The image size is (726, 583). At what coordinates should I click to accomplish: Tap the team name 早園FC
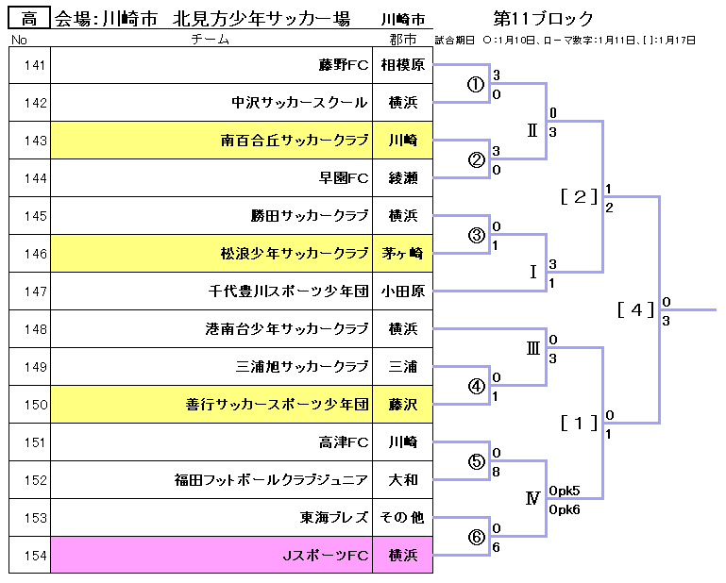(344, 178)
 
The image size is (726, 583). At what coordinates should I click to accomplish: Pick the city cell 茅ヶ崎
(402, 254)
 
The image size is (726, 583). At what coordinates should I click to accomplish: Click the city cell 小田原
(402, 291)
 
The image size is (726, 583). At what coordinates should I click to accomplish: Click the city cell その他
(402, 518)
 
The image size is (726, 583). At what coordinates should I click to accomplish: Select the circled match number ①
(477, 84)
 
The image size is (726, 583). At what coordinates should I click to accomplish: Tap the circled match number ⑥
(477, 537)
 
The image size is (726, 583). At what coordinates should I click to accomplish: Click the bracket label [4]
(635, 309)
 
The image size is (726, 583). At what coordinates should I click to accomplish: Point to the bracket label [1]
(578, 424)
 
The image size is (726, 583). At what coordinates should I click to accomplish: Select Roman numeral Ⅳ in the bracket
(532, 498)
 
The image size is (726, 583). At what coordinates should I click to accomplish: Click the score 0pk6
(565, 509)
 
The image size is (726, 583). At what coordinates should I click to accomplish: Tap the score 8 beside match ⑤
(496, 473)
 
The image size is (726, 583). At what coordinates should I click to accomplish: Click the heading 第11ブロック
(543, 19)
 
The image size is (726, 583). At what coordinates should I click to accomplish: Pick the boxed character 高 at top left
(29, 19)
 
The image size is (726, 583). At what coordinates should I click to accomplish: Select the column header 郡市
(402, 39)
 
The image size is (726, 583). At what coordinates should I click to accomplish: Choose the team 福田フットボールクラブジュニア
(271, 480)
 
